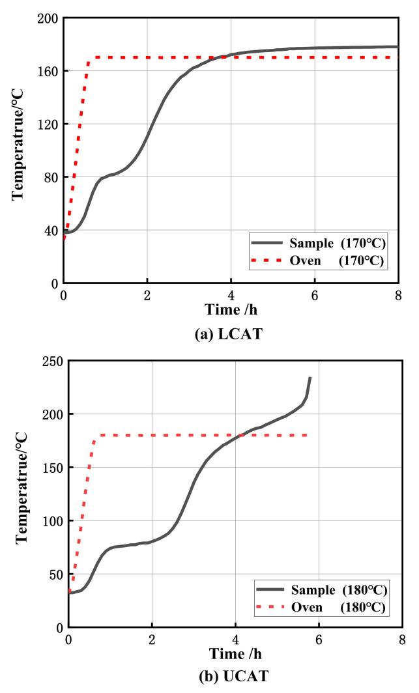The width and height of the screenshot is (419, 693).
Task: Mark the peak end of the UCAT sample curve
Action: [310, 377]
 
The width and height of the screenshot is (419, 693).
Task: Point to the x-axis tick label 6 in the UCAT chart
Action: [319, 640]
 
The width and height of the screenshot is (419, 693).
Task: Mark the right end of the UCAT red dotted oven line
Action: [308, 435]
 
